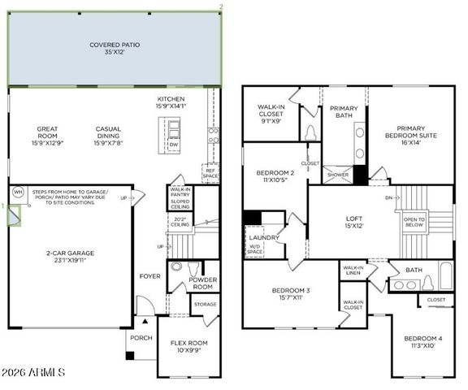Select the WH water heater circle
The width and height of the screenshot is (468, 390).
point(18,193)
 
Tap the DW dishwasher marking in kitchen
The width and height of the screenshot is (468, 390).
point(173,145)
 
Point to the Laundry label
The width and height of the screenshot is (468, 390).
point(264,237)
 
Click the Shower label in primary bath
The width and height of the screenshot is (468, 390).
point(336,174)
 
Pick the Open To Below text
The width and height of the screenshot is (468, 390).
point(414,220)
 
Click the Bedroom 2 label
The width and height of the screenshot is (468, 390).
point(275,174)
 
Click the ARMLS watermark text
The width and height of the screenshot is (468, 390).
point(36,371)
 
